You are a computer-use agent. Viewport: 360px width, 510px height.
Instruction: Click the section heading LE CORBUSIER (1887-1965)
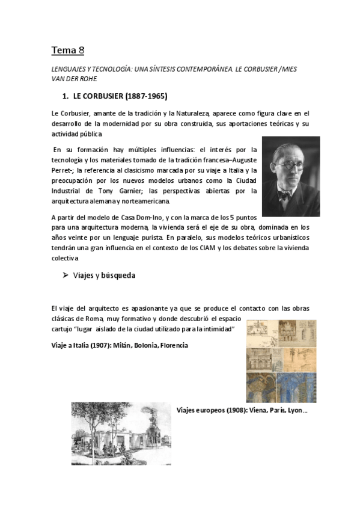[x=120, y=96]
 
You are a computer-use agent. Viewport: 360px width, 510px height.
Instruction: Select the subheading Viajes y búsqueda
[x=104, y=275]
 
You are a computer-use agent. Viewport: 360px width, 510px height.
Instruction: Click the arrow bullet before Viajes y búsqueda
[x=66, y=275]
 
